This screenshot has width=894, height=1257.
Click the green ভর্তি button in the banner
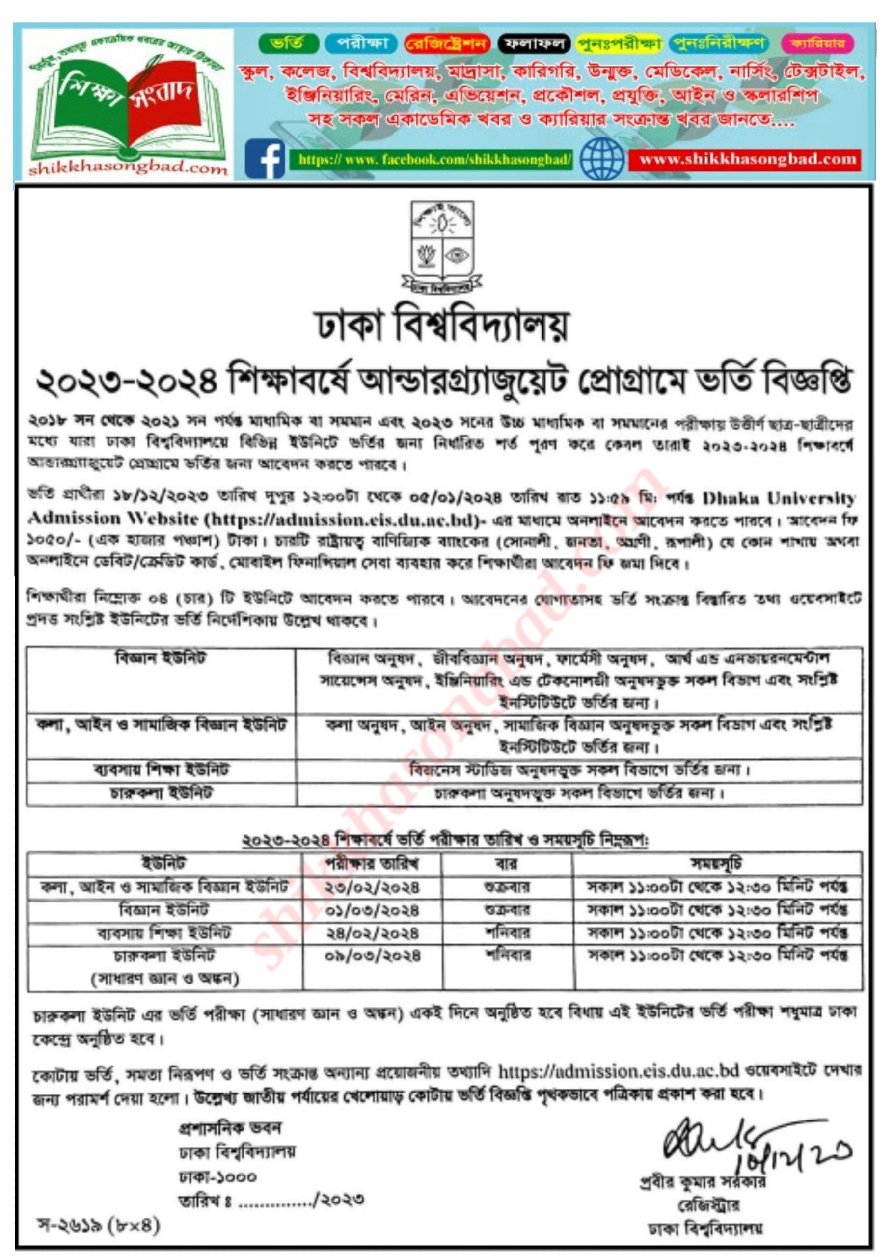point(288,43)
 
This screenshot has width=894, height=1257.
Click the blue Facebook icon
point(264,159)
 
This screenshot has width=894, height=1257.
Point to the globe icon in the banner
point(602,159)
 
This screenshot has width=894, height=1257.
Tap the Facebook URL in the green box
point(434,160)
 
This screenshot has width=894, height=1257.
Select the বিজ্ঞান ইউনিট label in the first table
point(161,659)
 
